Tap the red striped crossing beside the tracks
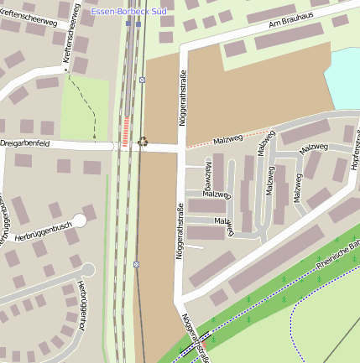[x=127, y=133]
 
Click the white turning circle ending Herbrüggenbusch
[x=79, y=221]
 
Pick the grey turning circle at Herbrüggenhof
[x=87, y=270]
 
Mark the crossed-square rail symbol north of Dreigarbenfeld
[x=143, y=80]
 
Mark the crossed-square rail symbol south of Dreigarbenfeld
[x=136, y=264]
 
